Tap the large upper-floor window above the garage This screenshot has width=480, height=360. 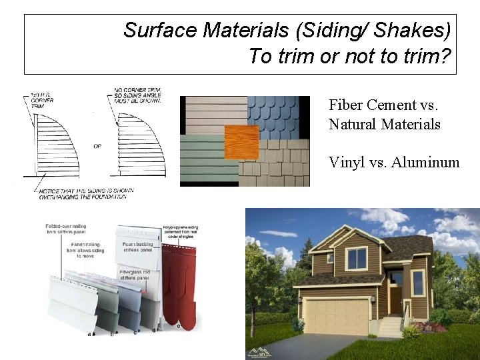point(356,257)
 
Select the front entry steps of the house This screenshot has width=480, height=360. point(391,326)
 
